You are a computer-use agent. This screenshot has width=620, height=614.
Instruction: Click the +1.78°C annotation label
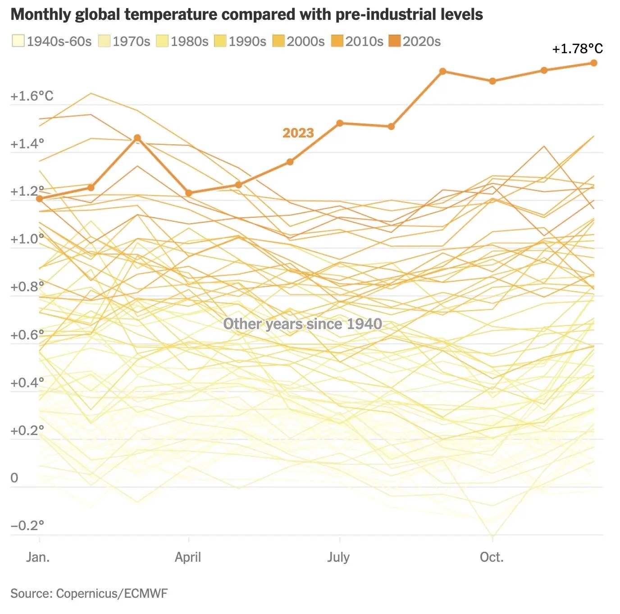click(x=577, y=49)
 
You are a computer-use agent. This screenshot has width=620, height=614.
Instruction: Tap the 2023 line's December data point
click(x=594, y=63)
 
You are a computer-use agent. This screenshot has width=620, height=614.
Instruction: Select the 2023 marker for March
click(x=137, y=138)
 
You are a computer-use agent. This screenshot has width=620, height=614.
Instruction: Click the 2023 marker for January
click(x=40, y=199)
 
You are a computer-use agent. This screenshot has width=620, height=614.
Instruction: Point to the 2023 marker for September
click(x=442, y=71)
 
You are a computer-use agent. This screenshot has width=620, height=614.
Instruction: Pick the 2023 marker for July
click(x=340, y=123)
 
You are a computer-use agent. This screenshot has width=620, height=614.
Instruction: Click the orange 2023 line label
click(x=298, y=133)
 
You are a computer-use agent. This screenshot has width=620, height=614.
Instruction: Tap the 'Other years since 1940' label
click(x=302, y=324)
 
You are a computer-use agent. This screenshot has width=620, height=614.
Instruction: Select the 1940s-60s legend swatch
click(x=18, y=41)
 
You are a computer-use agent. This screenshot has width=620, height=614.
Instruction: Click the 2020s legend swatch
click(x=394, y=41)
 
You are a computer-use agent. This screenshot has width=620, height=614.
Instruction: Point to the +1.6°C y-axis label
click(x=32, y=96)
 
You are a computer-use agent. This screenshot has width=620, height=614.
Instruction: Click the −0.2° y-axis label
click(x=27, y=526)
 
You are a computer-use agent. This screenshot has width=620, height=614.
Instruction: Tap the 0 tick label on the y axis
click(x=14, y=478)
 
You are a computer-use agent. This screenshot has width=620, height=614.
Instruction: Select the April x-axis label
click(x=188, y=557)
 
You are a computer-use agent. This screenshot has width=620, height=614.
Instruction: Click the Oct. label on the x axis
click(x=492, y=557)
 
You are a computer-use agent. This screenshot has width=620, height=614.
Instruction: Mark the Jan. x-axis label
click(x=38, y=557)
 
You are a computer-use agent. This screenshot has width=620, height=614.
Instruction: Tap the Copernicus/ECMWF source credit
click(x=111, y=593)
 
